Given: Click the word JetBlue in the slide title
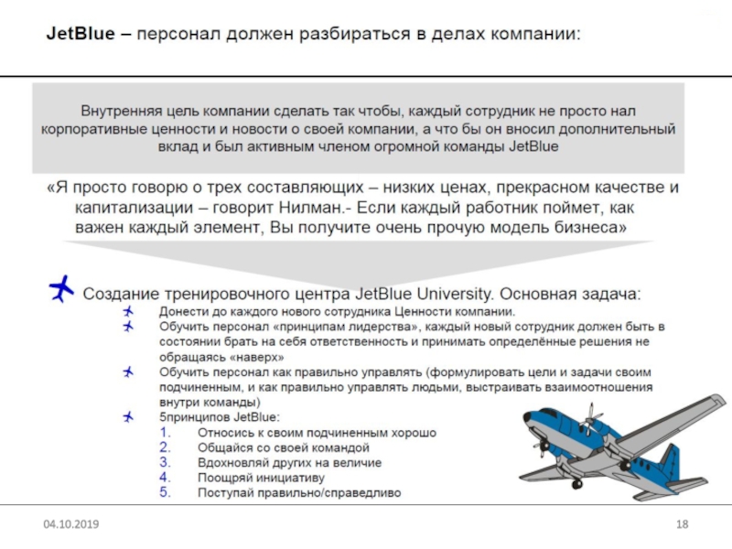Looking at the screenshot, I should pyautogui.click(x=81, y=34).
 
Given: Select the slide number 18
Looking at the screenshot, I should pyautogui.click(x=681, y=524).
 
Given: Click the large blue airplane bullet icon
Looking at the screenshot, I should pyautogui.click(x=61, y=289).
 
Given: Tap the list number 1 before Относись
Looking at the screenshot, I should pyautogui.click(x=164, y=432).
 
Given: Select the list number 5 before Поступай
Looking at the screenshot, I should pyautogui.click(x=164, y=492).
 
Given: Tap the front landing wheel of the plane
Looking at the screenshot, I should pyautogui.click(x=576, y=483).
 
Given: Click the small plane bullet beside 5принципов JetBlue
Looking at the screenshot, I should pyautogui.click(x=127, y=417).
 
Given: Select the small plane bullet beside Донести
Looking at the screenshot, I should pyautogui.click(x=127, y=312).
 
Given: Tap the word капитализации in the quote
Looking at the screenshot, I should pyautogui.click(x=131, y=208).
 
